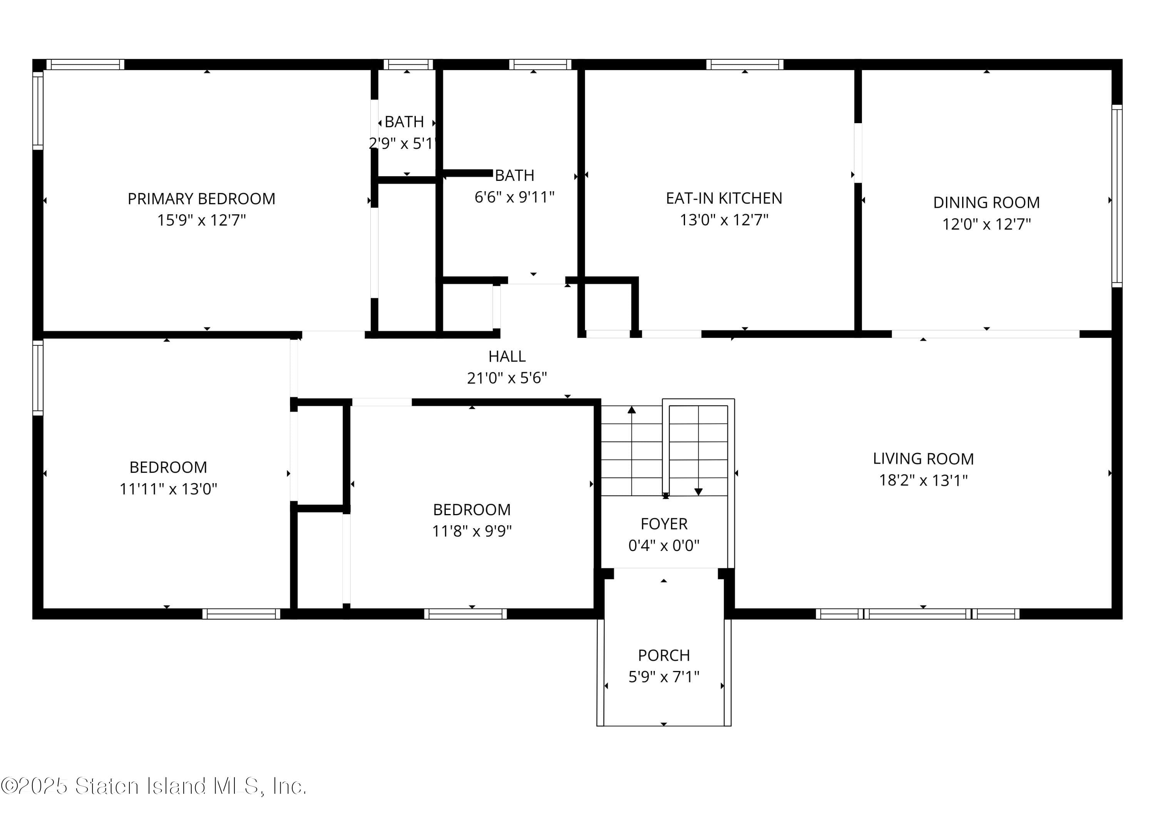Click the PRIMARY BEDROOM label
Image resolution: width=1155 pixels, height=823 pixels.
(201, 199)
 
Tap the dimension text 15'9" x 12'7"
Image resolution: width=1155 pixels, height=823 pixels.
(201, 220)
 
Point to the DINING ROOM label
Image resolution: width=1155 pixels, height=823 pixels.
(986, 203)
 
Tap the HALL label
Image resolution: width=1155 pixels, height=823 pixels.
(507, 357)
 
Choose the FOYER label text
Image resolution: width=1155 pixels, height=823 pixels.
(664, 524)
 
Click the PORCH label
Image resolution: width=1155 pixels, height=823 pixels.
(664, 656)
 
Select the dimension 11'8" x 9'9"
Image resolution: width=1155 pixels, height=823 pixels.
(472, 531)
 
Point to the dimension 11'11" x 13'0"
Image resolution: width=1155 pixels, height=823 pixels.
(168, 489)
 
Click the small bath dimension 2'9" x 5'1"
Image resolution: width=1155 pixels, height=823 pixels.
(402, 144)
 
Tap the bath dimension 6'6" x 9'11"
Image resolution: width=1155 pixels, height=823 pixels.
(514, 197)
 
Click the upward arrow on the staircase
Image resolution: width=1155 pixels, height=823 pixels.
(631, 410)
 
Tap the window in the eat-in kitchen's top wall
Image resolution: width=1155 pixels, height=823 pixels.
(744, 64)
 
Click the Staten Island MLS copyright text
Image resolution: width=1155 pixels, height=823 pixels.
(153, 786)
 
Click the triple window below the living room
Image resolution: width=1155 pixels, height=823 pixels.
(917, 614)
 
